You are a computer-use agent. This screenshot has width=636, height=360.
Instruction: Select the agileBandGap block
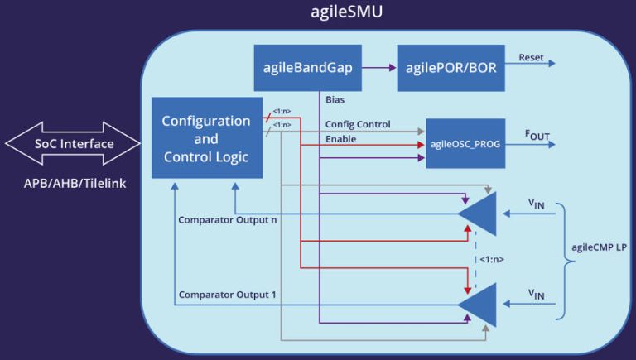point(308,68)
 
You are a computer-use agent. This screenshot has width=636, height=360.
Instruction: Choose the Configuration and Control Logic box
point(206,138)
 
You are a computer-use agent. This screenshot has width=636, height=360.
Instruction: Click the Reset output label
point(531,57)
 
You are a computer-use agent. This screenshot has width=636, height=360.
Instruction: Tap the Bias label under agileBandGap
point(335,100)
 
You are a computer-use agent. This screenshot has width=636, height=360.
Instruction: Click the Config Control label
point(357,124)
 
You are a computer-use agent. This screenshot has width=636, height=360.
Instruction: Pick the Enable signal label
point(340,139)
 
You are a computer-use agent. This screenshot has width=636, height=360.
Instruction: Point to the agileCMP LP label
point(601,245)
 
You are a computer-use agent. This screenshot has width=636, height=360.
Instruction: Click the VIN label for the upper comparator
point(537,203)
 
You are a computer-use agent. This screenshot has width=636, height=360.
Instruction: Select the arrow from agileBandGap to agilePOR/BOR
point(380,68)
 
